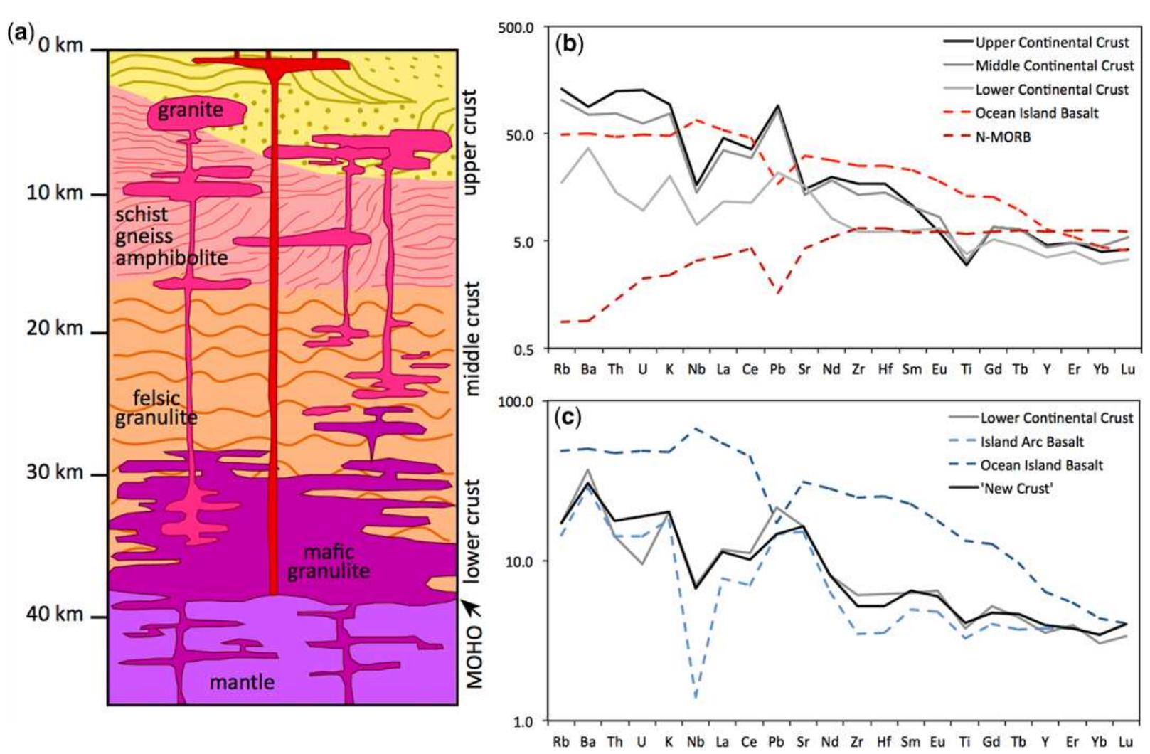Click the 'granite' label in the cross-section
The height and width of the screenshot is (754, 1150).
pyautogui.click(x=191, y=110)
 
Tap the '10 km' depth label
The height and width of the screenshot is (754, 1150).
pyautogui.click(x=55, y=193)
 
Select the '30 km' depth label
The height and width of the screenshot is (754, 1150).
pyautogui.click(x=55, y=472)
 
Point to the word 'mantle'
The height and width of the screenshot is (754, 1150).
pyautogui.click(x=242, y=682)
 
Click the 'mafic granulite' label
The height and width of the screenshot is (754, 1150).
pyautogui.click(x=329, y=561)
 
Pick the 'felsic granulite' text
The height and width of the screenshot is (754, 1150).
pyautogui.click(x=156, y=408)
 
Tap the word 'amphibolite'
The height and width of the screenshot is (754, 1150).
pyautogui.click(x=171, y=257)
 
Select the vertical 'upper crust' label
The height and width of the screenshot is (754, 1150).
pyautogui.click(x=469, y=142)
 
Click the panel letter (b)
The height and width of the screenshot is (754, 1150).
pyautogui.click(x=569, y=44)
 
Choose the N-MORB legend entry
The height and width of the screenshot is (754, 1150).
pyautogui.click(x=1003, y=137)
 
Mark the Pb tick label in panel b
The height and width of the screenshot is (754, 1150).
pyautogui.click(x=777, y=369)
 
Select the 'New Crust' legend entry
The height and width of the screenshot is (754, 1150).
pyautogui.click(x=1016, y=489)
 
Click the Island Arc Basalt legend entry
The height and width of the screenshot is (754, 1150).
pyautogui.click(x=1032, y=442)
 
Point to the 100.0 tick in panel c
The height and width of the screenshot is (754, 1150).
pyautogui.click(x=517, y=401)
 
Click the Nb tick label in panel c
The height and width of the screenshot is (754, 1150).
pyautogui.click(x=696, y=741)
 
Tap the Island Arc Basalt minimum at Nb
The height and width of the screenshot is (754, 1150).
pyautogui.click(x=696, y=698)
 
